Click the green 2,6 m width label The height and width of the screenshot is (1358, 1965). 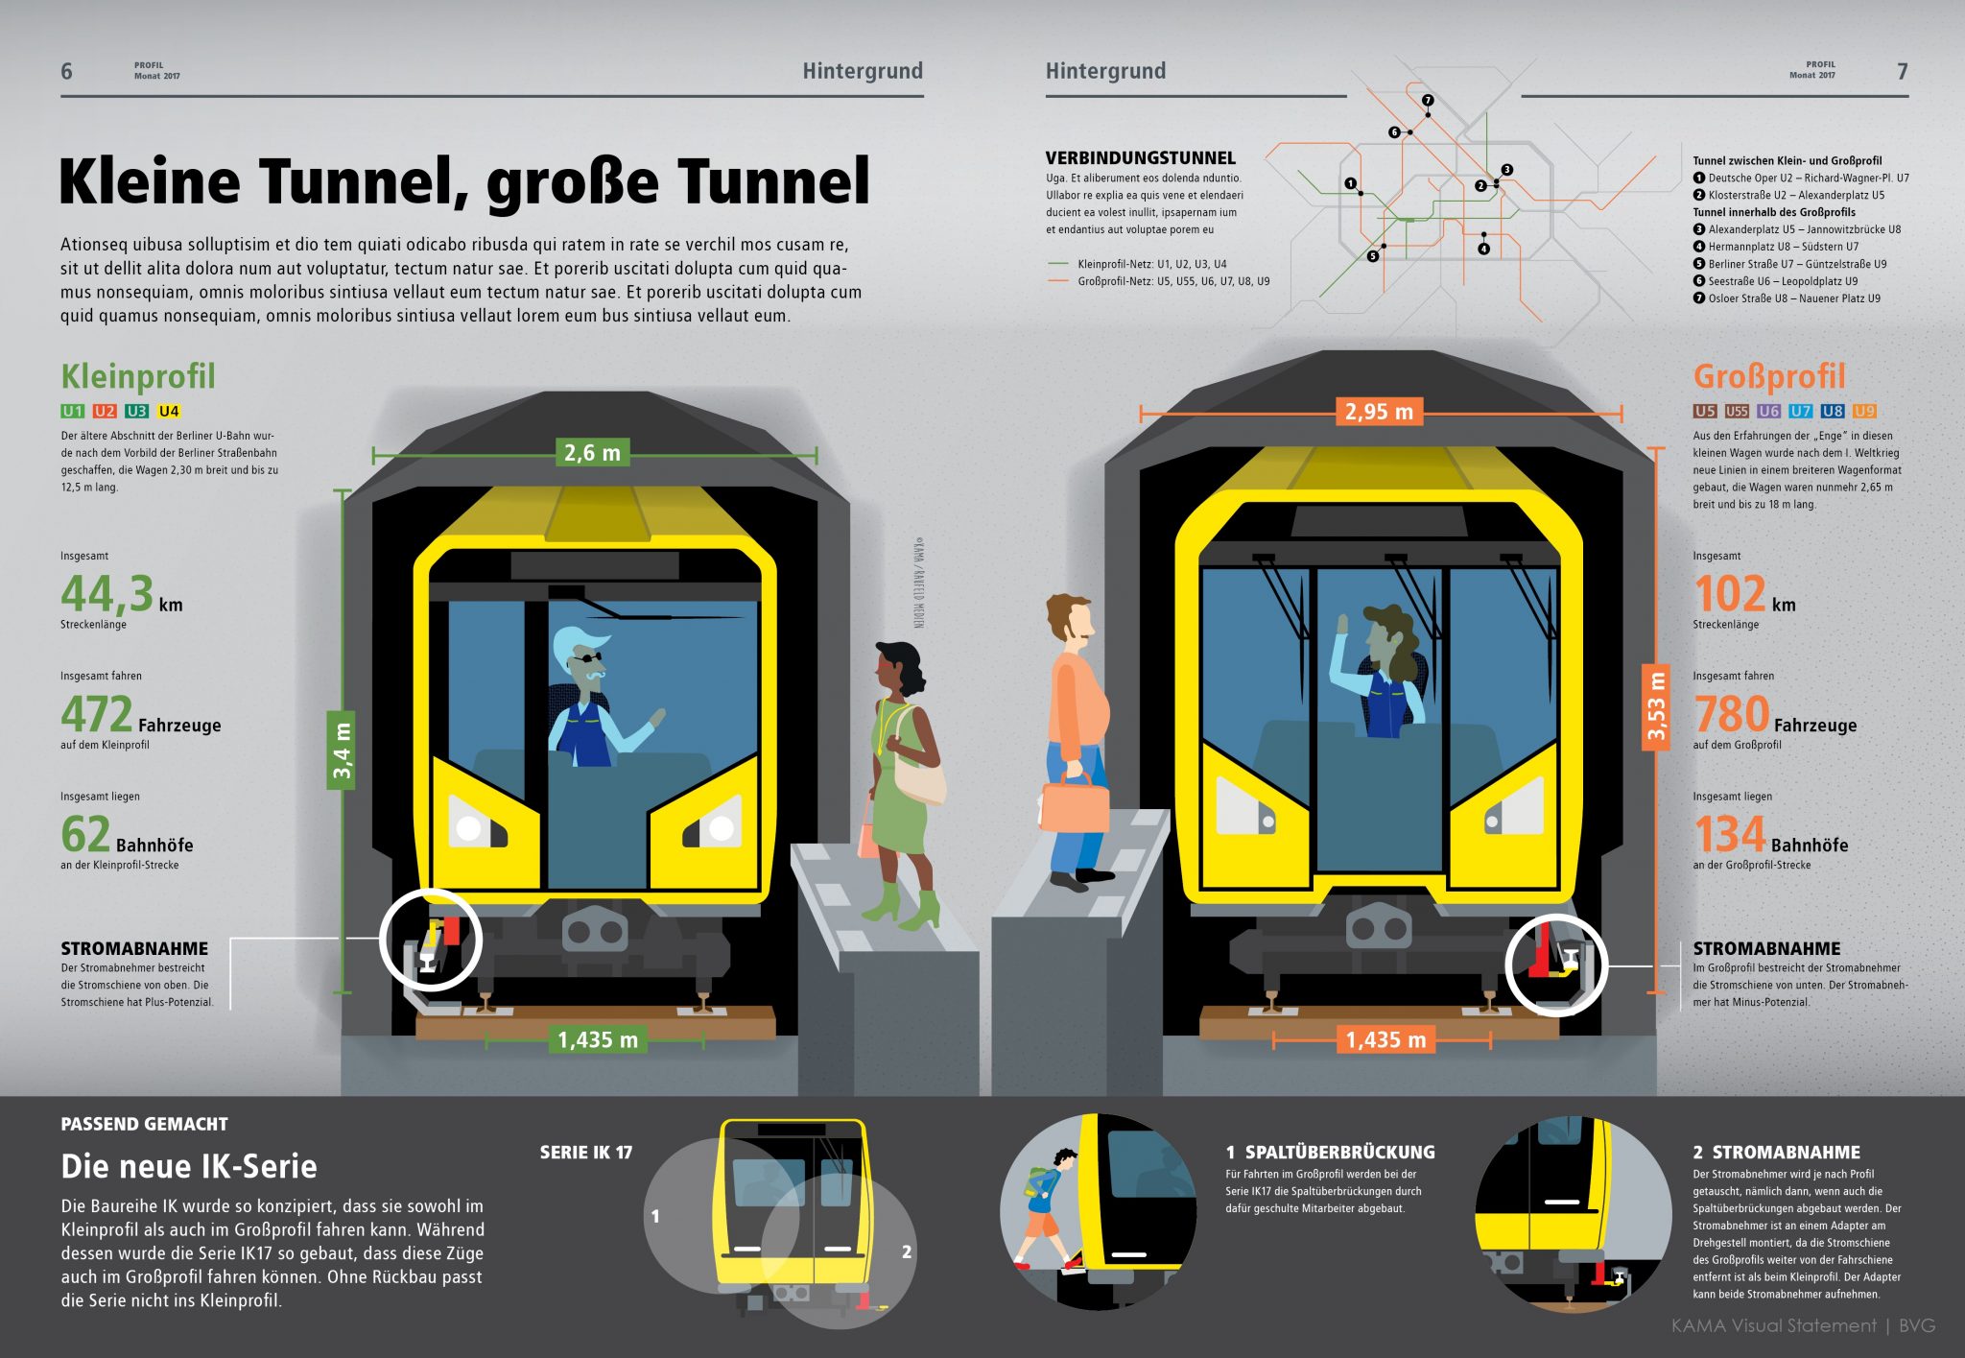592,452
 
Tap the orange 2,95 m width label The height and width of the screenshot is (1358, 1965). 1378,412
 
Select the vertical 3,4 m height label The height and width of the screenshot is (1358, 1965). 342,750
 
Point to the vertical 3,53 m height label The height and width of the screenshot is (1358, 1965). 1656,706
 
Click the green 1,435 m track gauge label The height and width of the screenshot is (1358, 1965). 597,1039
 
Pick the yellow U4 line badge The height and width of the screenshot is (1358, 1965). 169,411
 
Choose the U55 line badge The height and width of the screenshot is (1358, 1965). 1737,411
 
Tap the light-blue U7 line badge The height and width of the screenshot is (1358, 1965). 1800,411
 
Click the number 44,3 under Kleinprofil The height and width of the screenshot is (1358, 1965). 107,593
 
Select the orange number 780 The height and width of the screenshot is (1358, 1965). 1731,714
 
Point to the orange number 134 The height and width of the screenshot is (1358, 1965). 1729,834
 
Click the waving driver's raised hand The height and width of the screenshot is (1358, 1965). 1342,625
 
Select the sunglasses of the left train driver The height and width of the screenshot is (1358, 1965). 585,658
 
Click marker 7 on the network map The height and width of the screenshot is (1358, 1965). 1428,100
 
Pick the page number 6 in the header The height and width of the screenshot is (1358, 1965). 66,71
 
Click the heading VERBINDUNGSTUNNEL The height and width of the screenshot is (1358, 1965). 1140,157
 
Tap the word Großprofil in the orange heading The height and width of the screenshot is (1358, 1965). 1769,376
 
